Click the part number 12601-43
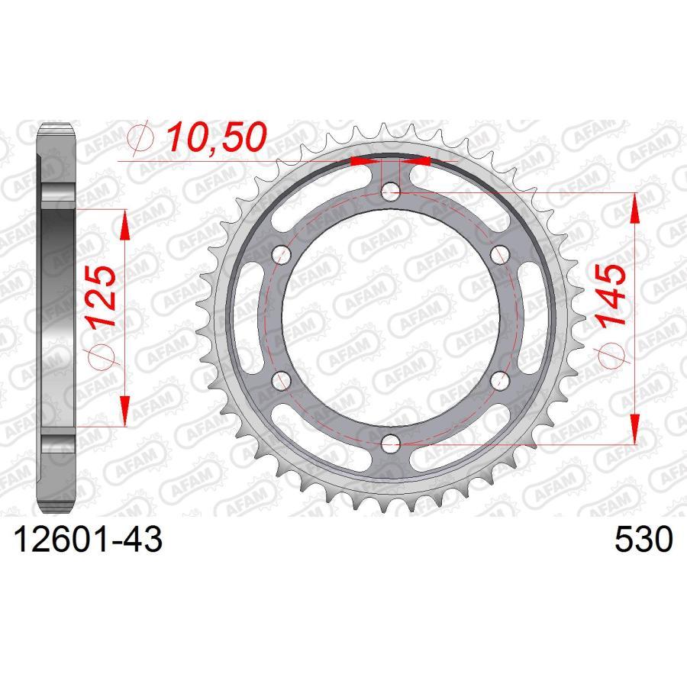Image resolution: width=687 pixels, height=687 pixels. [x=85, y=540]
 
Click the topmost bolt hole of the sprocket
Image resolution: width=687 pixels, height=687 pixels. [x=391, y=192]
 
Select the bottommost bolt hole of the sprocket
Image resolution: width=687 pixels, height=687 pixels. [x=391, y=442]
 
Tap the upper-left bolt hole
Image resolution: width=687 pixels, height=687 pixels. [x=282, y=254]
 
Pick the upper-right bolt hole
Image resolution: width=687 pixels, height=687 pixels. [x=499, y=254]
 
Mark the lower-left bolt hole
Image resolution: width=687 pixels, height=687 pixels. [x=282, y=379]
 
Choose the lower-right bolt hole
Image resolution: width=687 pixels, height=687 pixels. [x=499, y=379]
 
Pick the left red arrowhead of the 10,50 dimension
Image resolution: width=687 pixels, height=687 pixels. [x=363, y=162]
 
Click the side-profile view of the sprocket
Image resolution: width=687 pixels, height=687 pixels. [x=58, y=317]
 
